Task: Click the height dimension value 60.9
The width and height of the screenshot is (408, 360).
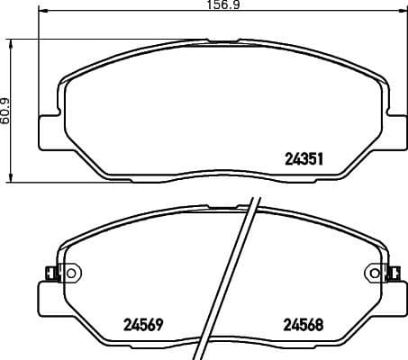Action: tap(5, 111)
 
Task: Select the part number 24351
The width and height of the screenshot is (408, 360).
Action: tap(304, 157)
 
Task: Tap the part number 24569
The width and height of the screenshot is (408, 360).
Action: tap(141, 325)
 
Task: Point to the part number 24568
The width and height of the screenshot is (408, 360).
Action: tap(304, 325)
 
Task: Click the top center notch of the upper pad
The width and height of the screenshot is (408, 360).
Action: tap(222, 41)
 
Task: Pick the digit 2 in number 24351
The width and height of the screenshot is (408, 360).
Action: tap(289, 157)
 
